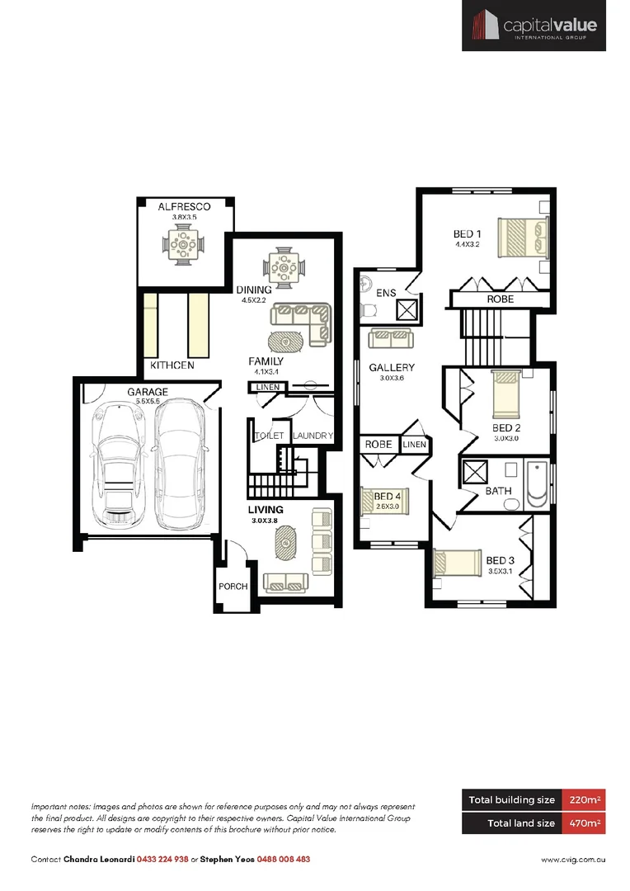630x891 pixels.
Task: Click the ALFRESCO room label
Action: click(x=184, y=206)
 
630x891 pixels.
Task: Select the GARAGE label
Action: click(x=147, y=392)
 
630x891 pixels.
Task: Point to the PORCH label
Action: click(x=233, y=587)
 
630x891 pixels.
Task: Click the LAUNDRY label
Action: click(x=313, y=436)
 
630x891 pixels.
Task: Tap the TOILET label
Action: click(x=269, y=436)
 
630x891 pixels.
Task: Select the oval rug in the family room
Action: click(x=286, y=341)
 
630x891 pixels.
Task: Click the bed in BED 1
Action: click(x=523, y=237)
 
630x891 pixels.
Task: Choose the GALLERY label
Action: click(x=392, y=368)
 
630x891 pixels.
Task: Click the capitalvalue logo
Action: click(x=534, y=26)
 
